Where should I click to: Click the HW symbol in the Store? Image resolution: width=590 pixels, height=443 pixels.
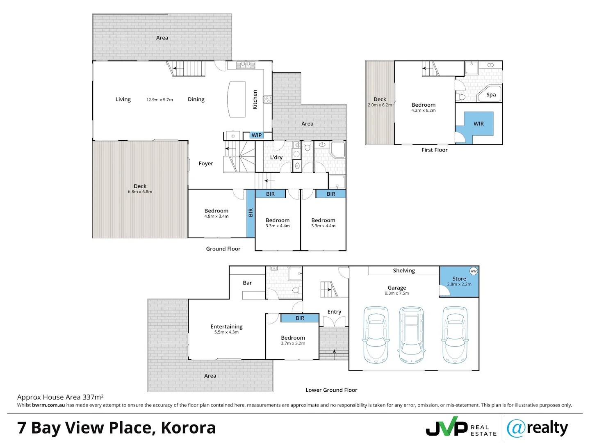(x=473, y=271)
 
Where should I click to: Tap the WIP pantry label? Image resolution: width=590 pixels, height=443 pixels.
(x=256, y=135)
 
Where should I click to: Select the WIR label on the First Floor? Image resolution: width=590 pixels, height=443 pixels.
(x=478, y=123)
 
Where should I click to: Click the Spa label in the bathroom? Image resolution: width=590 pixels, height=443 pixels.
(x=491, y=95)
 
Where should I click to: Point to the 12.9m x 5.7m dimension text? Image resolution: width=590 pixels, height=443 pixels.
(x=159, y=100)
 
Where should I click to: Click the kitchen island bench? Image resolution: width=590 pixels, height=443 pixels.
(x=236, y=99)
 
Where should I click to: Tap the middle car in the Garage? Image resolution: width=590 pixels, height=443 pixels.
(x=411, y=335)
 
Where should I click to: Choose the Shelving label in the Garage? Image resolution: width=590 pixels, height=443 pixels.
(x=404, y=271)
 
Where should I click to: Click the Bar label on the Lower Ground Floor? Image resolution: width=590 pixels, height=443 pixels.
(x=247, y=283)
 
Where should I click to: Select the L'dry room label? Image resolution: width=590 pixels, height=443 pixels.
(x=276, y=157)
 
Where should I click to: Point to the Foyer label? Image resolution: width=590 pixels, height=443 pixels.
(x=206, y=163)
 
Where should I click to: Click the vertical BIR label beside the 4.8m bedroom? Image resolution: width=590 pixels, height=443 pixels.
(x=251, y=212)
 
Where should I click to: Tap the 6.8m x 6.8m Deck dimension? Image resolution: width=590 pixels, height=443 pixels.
(x=140, y=192)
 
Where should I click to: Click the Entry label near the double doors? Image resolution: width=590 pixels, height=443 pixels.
(x=334, y=312)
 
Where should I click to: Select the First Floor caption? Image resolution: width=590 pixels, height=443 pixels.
(x=434, y=150)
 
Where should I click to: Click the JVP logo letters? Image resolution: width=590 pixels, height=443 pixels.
(x=447, y=426)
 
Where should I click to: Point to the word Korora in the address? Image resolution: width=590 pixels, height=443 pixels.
(x=188, y=428)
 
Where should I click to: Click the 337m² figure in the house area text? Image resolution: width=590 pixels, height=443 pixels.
(x=93, y=397)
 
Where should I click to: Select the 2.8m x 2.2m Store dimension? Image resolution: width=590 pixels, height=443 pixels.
(x=459, y=284)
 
